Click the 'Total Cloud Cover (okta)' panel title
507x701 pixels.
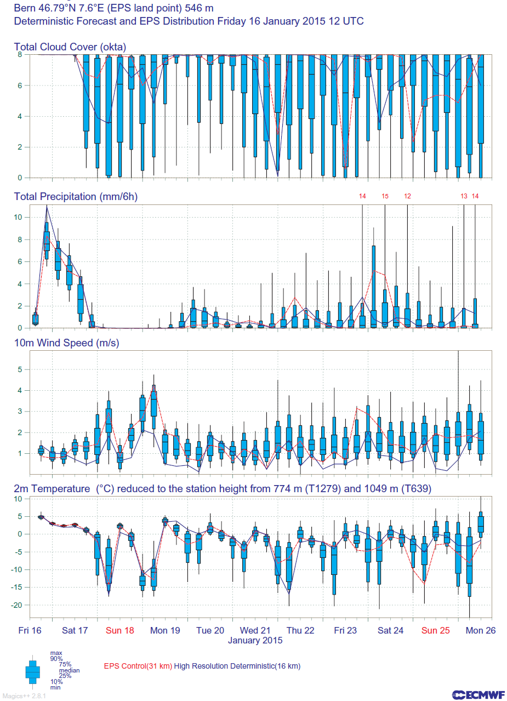[x=70, y=47]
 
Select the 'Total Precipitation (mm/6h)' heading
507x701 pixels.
[x=76, y=197]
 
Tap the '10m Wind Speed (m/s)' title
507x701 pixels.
[x=66, y=343]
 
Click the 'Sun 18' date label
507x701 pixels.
[x=120, y=630]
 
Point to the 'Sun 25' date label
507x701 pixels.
[x=435, y=630]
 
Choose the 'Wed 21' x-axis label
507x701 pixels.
[x=255, y=630]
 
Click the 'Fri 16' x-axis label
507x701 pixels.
[x=30, y=630]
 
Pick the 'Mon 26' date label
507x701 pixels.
[x=481, y=630]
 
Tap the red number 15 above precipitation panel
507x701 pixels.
[x=385, y=196]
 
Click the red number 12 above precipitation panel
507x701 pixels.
[x=407, y=196]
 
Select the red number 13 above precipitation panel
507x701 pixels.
[x=464, y=196]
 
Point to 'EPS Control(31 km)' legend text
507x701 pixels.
[x=138, y=666]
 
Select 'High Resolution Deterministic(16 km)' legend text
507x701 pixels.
[x=237, y=666]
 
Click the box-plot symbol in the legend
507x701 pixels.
[x=32, y=672]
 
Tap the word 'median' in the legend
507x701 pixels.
[x=70, y=670]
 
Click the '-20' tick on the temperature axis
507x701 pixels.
[x=17, y=605]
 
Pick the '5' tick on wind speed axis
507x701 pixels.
[x=20, y=369]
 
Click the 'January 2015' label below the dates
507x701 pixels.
[x=255, y=640]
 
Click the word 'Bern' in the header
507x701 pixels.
[x=25, y=8]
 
